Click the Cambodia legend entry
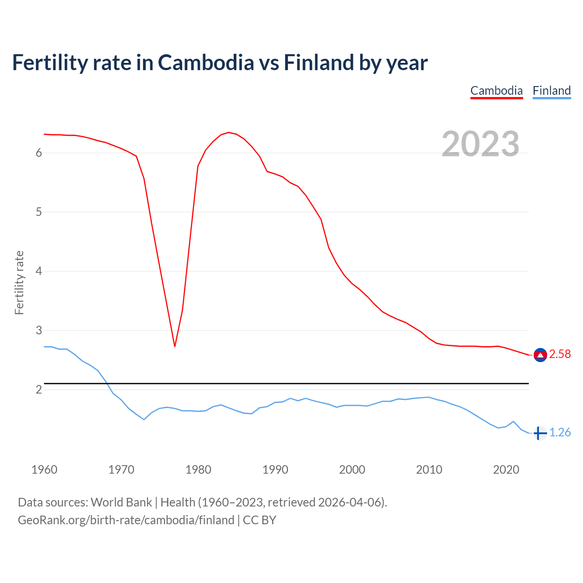(496, 91)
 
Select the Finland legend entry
(552, 91)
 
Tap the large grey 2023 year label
(481, 144)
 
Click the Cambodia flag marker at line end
(540, 355)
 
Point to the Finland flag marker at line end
(540, 433)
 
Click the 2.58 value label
(560, 354)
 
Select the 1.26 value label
(560, 433)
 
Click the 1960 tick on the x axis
(44, 470)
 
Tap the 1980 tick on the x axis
(198, 470)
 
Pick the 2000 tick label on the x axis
(352, 470)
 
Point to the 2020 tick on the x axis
(506, 470)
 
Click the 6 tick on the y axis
(39, 153)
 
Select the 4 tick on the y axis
(39, 271)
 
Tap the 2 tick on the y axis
(39, 390)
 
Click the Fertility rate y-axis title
(19, 282)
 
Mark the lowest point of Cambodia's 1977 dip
(174, 347)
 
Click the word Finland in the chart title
(319, 63)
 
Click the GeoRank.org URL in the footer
(126, 520)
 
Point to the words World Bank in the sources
(121, 502)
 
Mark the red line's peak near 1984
(228, 133)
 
